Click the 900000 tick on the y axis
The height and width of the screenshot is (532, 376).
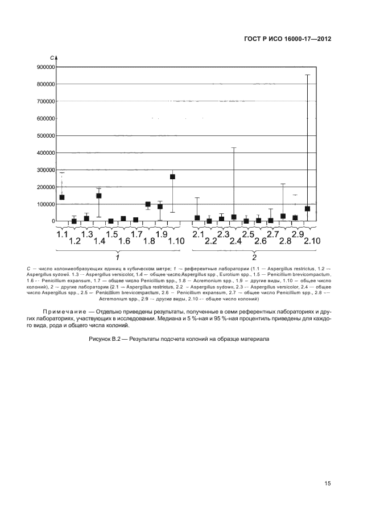pos(45,67)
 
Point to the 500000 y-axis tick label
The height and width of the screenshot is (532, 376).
pos(45,135)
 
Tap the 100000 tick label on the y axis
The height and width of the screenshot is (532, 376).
pos(45,204)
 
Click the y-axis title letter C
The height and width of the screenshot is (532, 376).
pos(52,58)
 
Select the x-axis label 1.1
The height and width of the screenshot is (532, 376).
pos(62,234)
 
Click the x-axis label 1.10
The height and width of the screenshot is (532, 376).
pos(176,241)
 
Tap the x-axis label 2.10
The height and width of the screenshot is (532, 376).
pos(312,241)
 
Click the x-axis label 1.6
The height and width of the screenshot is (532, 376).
pos(124,241)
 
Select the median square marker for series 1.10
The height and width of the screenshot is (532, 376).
pos(172,176)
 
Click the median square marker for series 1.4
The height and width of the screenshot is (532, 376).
pos(98,196)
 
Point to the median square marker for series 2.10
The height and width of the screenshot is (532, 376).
pos(308,209)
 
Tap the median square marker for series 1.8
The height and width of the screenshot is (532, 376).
pos(148,204)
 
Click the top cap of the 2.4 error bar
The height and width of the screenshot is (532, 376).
pos(234,147)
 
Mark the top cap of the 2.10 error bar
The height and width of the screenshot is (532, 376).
pos(308,75)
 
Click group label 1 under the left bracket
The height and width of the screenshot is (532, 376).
pos(117,257)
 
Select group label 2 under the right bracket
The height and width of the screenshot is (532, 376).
pos(254,257)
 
